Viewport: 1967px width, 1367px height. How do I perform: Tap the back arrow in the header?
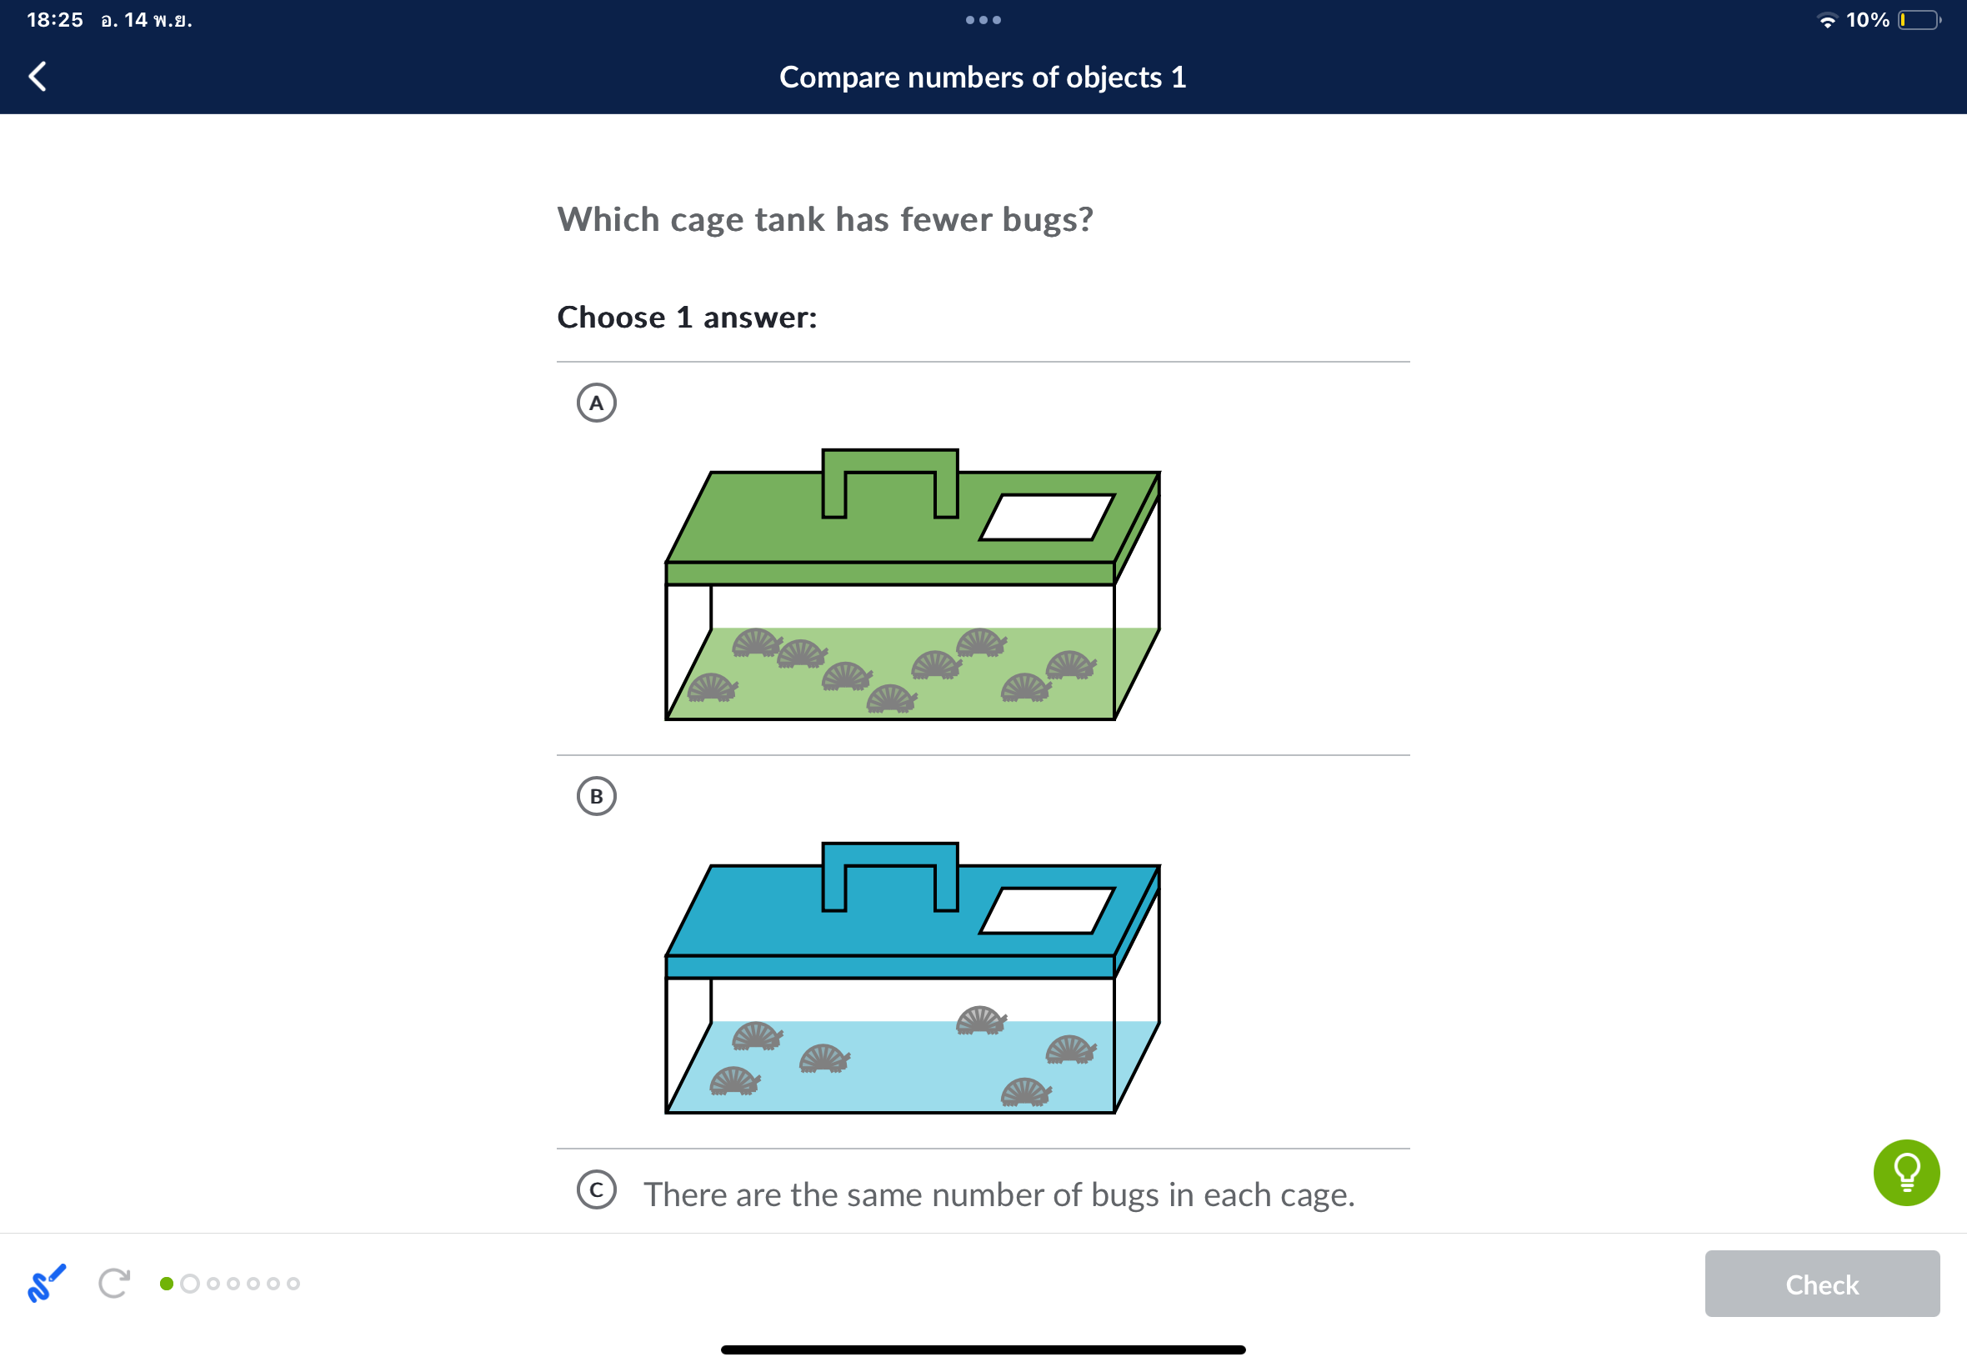tap(38, 76)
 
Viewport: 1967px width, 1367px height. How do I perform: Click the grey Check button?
tap(1821, 1283)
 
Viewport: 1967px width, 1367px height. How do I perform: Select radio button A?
tap(597, 403)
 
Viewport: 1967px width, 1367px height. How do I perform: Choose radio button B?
tap(597, 797)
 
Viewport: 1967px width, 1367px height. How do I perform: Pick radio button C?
tap(597, 1189)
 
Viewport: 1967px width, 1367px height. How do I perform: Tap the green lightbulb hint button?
tap(1906, 1173)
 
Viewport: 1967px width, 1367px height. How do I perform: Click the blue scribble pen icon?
tap(46, 1283)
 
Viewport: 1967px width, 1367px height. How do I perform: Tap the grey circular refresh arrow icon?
tap(114, 1283)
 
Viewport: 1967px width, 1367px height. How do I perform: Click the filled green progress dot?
tap(167, 1283)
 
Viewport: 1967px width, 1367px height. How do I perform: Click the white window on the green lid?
tap(1047, 518)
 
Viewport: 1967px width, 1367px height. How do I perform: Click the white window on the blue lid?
tap(1047, 910)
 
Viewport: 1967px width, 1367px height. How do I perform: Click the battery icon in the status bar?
tap(1919, 20)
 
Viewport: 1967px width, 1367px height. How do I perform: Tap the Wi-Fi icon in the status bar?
tap(1827, 21)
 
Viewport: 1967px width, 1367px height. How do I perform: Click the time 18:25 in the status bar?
tap(55, 20)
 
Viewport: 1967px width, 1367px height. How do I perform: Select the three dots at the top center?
tap(983, 20)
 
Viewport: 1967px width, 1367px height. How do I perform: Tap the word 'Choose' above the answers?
tap(612, 317)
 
